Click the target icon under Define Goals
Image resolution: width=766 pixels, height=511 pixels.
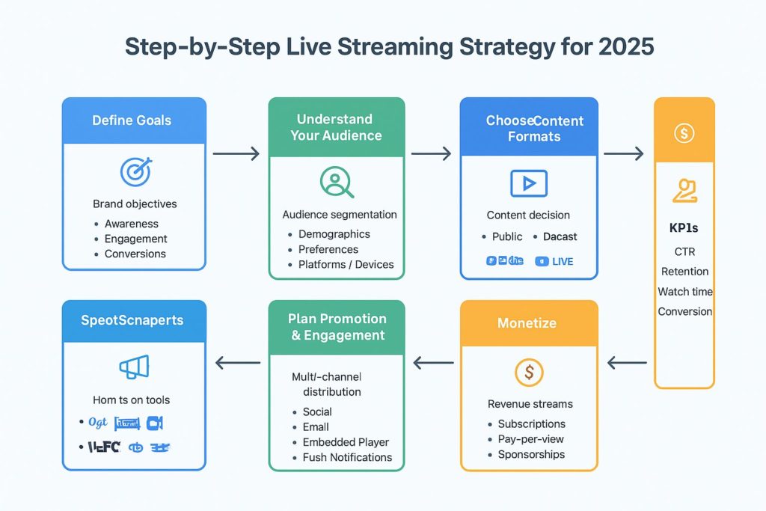(x=135, y=171)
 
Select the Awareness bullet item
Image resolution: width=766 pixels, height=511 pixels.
(x=131, y=224)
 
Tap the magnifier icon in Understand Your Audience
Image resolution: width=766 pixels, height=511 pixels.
(x=337, y=182)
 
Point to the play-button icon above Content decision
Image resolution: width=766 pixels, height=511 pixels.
(x=528, y=183)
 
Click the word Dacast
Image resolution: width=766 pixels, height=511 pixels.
(x=560, y=236)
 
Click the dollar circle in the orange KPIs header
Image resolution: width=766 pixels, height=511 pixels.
(x=684, y=134)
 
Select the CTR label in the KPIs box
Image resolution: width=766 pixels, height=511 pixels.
(x=684, y=251)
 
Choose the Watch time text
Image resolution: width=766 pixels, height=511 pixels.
(x=685, y=292)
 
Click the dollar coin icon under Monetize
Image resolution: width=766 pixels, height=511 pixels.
(x=529, y=371)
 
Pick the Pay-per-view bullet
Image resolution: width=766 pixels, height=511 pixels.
(x=531, y=439)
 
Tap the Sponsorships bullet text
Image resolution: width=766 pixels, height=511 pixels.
(x=531, y=454)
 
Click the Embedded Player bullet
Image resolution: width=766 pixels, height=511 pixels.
(x=346, y=442)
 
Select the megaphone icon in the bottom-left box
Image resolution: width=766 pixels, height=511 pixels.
(x=134, y=367)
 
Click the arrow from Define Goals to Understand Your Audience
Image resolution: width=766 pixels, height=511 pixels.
(x=236, y=154)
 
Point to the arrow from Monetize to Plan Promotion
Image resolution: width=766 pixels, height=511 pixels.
(x=434, y=364)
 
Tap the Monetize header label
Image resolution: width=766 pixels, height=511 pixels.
(x=528, y=322)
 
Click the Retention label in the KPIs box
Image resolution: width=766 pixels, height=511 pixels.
(x=684, y=272)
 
